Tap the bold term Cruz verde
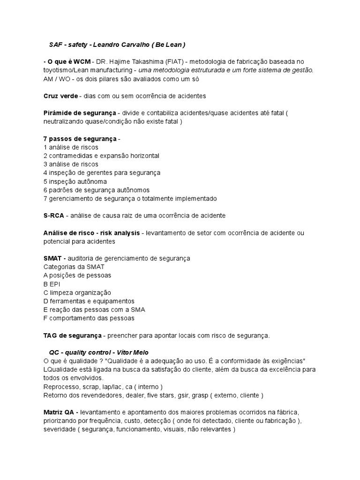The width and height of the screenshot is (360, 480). tap(60, 96)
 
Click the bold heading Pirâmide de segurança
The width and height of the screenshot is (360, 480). tap(79, 113)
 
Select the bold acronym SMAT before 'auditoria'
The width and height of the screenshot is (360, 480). tap(52, 258)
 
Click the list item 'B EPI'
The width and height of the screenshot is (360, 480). tap(52, 284)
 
